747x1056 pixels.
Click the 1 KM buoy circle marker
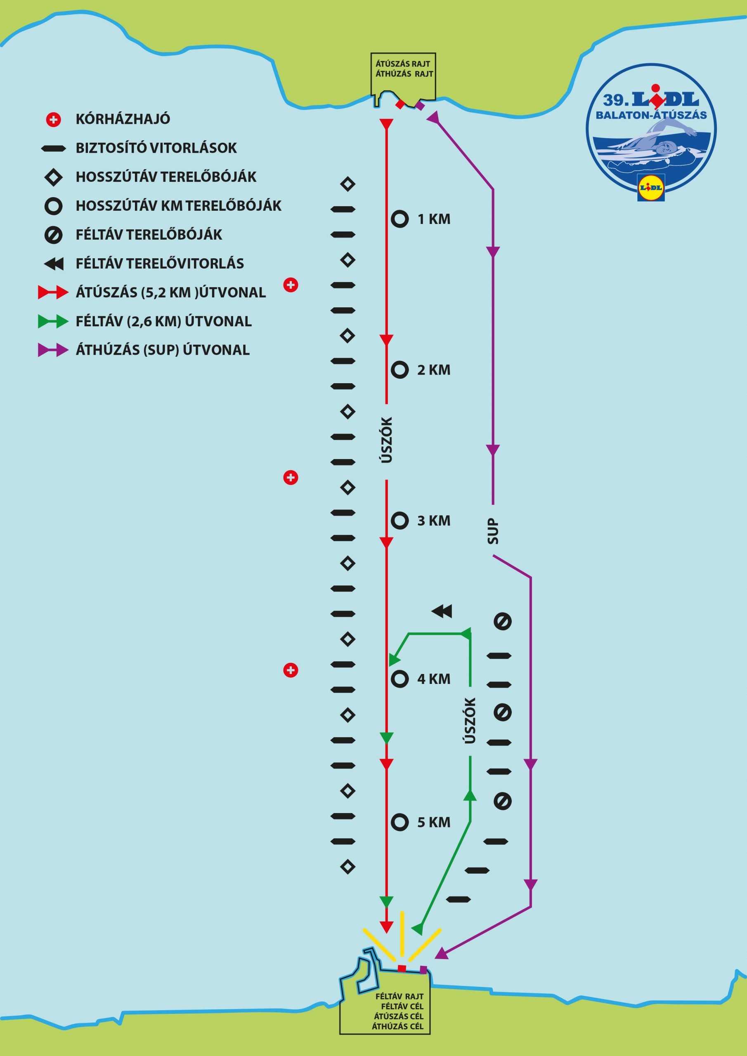[400, 219]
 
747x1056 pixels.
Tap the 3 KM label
[434, 521]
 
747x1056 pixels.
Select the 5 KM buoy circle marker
[400, 823]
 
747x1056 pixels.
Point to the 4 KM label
[434, 679]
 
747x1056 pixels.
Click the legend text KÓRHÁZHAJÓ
[123, 120]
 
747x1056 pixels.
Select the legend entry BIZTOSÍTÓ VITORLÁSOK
[156, 148]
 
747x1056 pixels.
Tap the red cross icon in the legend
[54, 120]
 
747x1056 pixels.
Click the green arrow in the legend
[53, 321]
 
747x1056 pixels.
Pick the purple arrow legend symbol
[53, 351]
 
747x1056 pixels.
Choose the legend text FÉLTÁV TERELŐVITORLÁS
[160, 264]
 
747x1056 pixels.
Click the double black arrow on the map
[442, 611]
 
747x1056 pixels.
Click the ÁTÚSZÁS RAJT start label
[403, 64]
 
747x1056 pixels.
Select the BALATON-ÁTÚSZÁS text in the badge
[651, 115]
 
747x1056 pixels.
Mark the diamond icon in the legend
[54, 177]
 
